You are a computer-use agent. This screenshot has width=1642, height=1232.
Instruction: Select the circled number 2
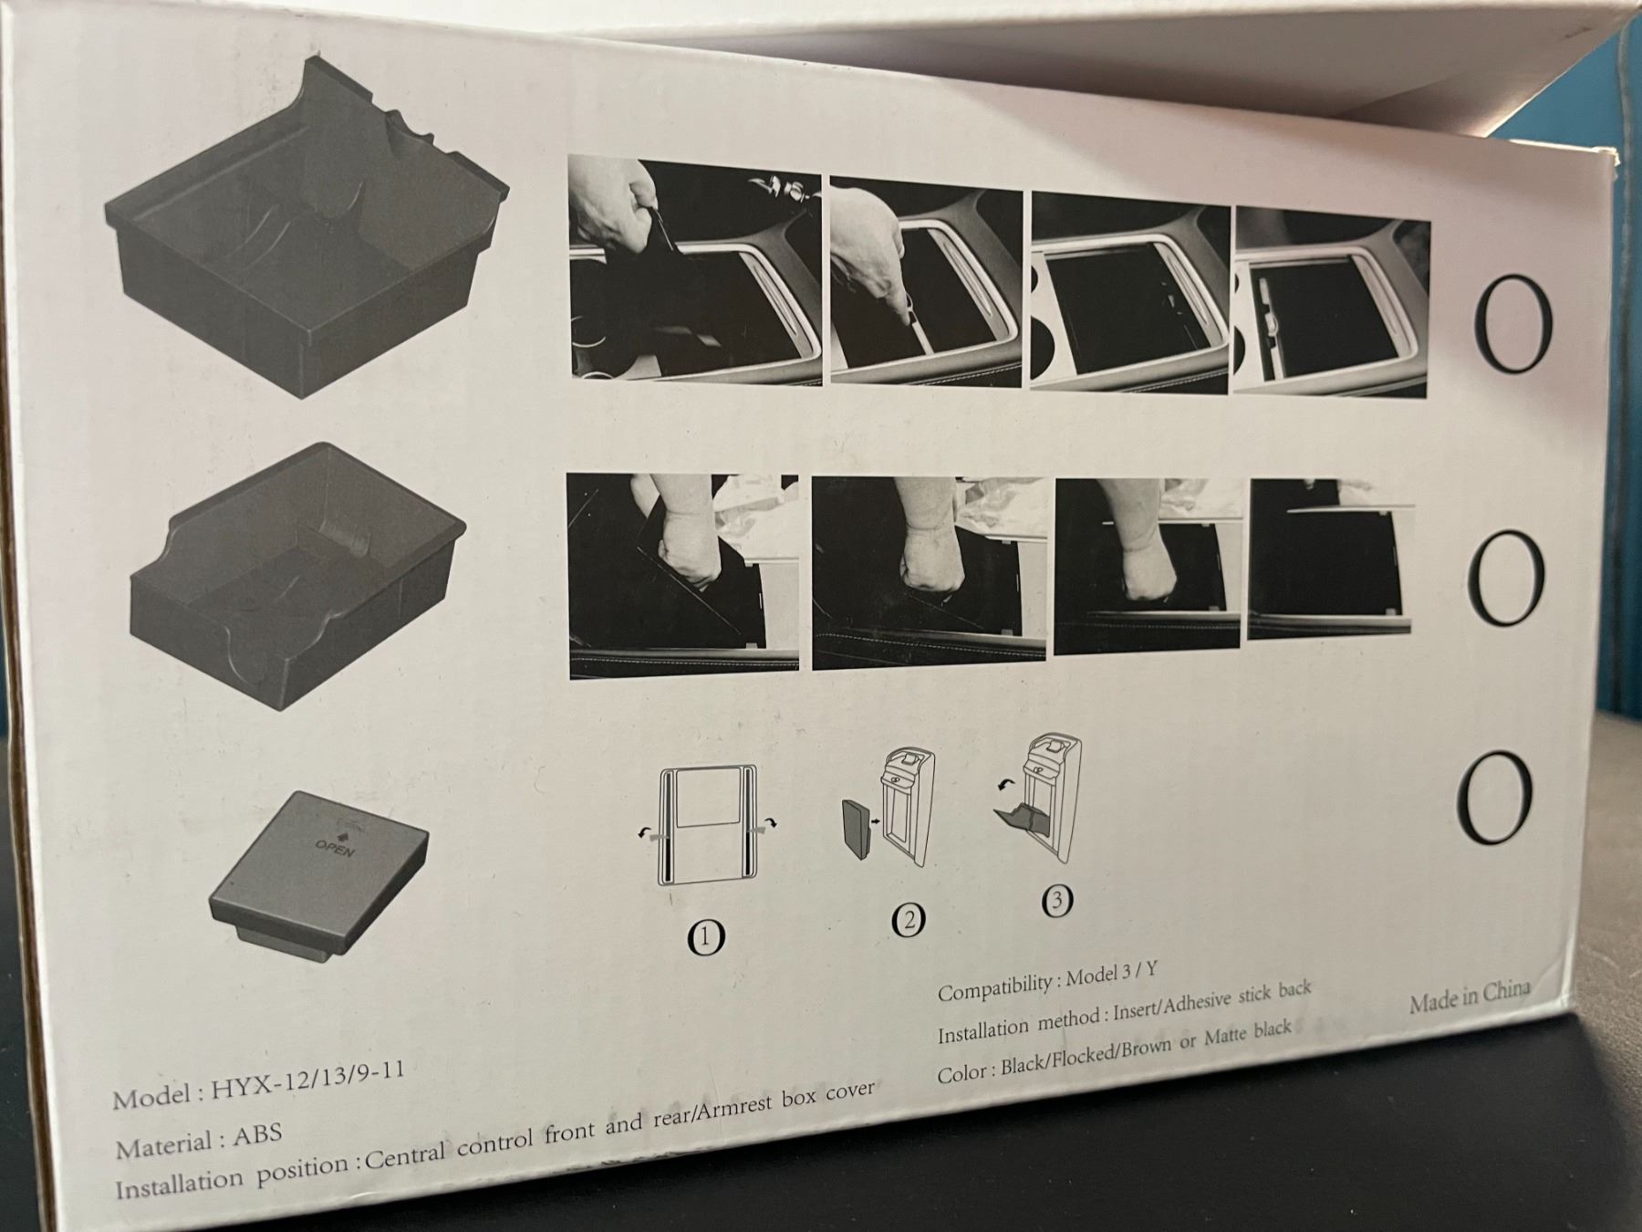[x=909, y=920]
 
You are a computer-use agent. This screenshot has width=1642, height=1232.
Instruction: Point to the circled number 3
[x=1056, y=901]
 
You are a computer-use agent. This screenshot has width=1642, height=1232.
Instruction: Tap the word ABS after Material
[x=257, y=1137]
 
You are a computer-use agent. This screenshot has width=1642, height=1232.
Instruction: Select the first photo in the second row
[x=682, y=576]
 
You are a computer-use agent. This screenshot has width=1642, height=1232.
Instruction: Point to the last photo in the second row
[x=1331, y=559]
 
